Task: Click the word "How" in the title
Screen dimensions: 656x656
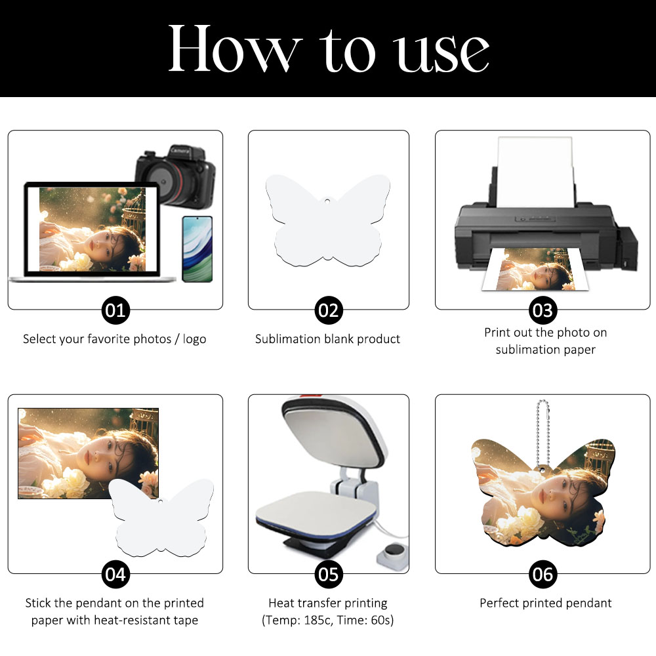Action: tap(235, 48)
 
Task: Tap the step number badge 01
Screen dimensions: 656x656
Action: tap(115, 310)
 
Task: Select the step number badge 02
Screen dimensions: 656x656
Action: tap(329, 310)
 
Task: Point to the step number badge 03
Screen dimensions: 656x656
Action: tap(543, 310)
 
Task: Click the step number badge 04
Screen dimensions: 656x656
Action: tap(115, 575)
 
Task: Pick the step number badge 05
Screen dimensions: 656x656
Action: tap(329, 575)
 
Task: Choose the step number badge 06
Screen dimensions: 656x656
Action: tap(543, 575)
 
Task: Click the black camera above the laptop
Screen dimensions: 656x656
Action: tap(176, 176)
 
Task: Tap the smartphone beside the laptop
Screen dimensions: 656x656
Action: tap(197, 249)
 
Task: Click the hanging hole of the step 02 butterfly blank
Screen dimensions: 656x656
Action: tap(327, 201)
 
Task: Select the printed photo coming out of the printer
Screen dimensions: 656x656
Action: tap(535, 269)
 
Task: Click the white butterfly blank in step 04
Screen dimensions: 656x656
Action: tap(162, 518)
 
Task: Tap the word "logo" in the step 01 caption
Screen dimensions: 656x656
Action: tap(195, 339)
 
